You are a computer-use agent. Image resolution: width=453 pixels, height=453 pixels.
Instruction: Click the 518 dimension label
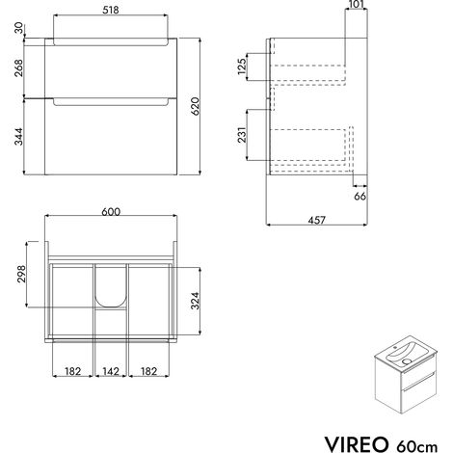click(x=111, y=10)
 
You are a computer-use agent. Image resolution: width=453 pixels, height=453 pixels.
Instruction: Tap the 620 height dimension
click(x=196, y=106)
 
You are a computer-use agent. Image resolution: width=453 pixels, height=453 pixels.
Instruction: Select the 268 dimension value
click(x=18, y=67)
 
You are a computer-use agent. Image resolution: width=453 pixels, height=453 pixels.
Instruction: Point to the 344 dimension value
click(x=18, y=137)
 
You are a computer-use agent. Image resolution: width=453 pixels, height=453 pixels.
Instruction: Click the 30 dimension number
click(x=18, y=28)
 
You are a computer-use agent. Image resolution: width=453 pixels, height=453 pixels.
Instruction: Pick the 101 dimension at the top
click(x=356, y=4)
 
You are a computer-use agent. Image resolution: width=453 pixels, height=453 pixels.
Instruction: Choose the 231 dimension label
click(x=242, y=135)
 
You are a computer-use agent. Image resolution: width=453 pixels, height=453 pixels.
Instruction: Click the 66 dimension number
click(x=360, y=196)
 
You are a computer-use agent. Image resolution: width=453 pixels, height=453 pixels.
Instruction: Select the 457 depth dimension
click(x=317, y=220)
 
